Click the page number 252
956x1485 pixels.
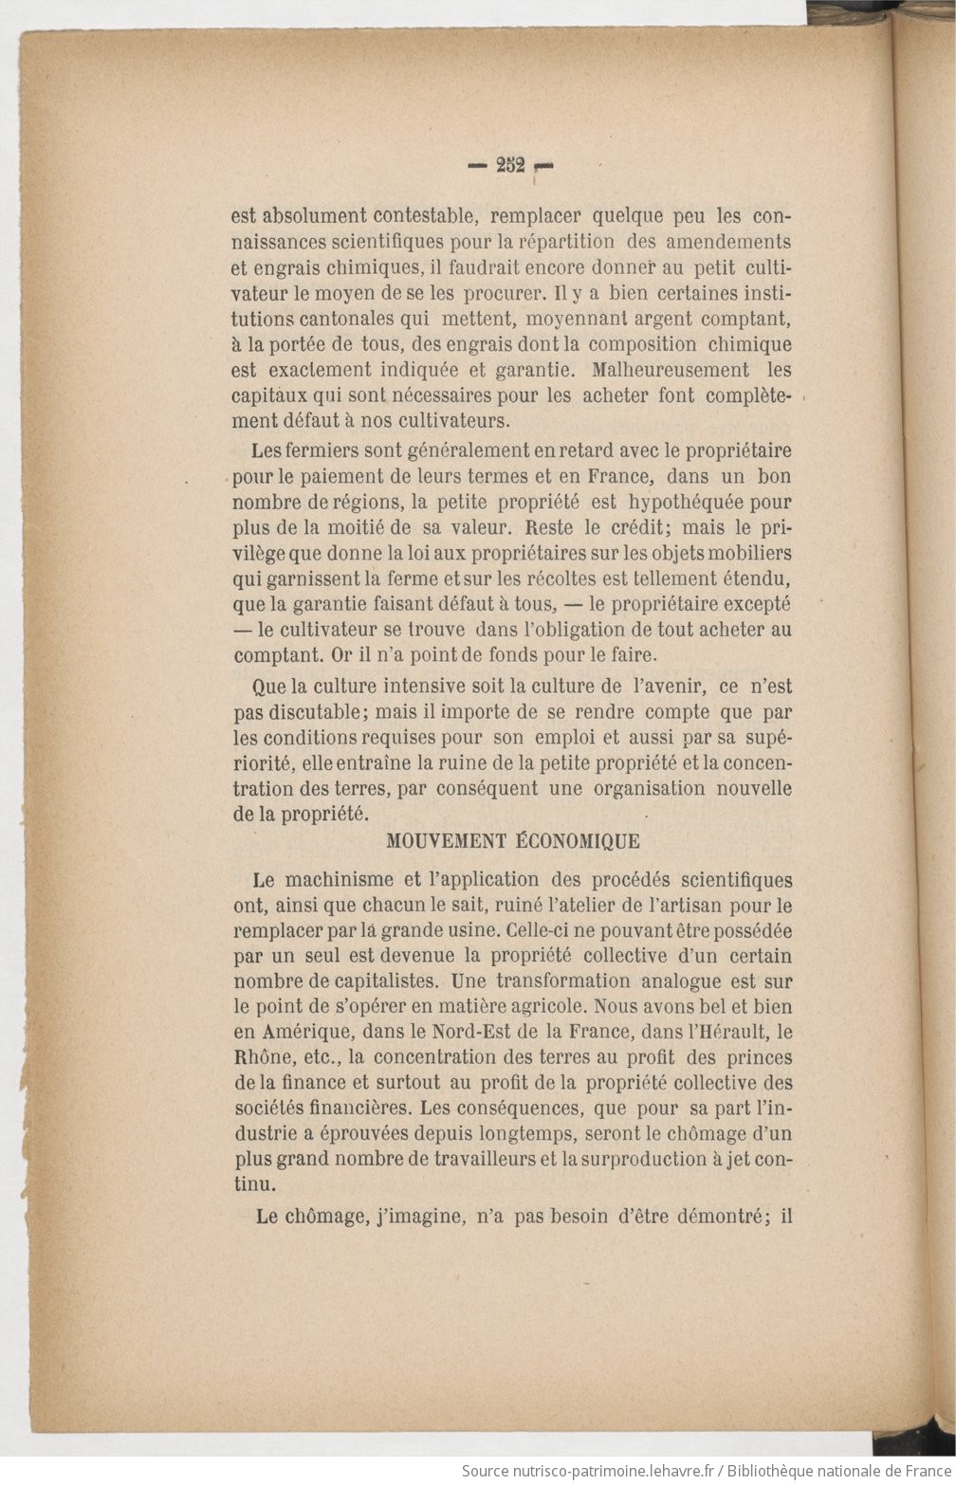click(x=510, y=164)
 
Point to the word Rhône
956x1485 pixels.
click(x=261, y=1056)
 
